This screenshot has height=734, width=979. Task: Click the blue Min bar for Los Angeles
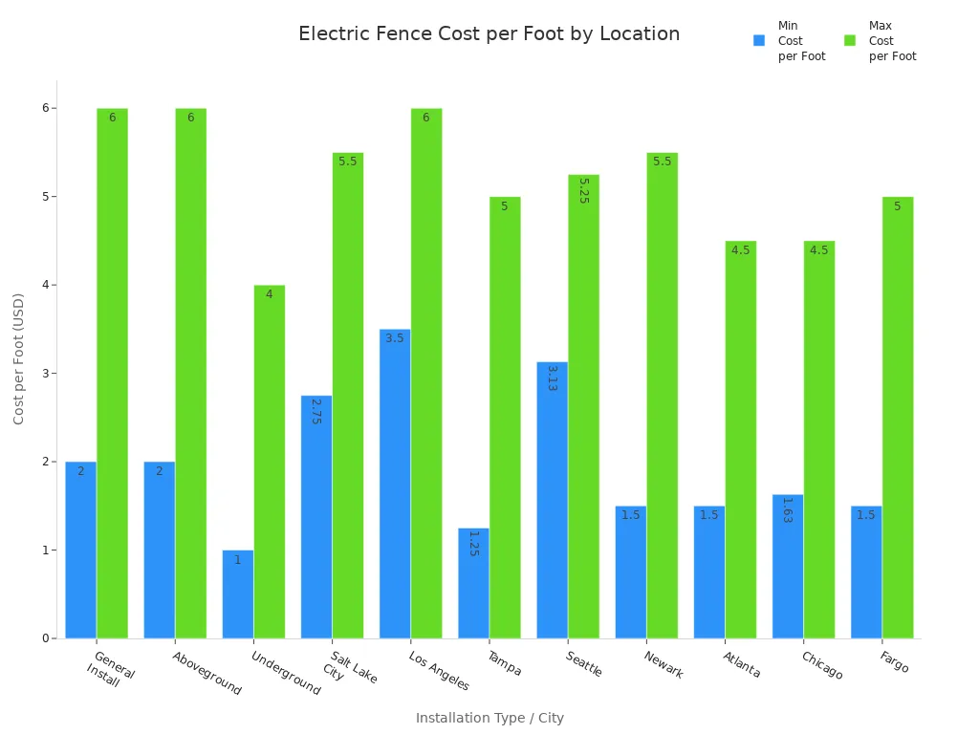(395, 484)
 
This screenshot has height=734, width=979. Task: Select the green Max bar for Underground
(269, 462)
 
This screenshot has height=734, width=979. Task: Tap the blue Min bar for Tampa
(473, 583)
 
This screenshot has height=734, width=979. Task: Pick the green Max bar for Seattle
(583, 406)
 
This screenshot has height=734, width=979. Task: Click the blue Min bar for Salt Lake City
(316, 517)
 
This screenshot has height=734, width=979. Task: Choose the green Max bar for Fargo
(897, 418)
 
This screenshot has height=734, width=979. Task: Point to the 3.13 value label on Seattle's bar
(552, 378)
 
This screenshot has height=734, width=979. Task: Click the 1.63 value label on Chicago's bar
(787, 510)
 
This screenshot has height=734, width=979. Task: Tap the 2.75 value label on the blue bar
(315, 412)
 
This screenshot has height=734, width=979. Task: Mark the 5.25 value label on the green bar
(583, 191)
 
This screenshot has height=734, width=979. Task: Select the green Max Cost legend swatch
(850, 41)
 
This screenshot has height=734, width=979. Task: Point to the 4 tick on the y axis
(45, 285)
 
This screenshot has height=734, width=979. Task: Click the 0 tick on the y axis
(45, 638)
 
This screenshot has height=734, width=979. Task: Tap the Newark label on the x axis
(664, 664)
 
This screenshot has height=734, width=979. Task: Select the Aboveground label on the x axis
(207, 673)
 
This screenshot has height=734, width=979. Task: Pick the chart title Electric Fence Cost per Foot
(489, 34)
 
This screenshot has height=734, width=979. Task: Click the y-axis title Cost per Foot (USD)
(19, 358)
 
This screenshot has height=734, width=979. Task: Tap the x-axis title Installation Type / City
(489, 718)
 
